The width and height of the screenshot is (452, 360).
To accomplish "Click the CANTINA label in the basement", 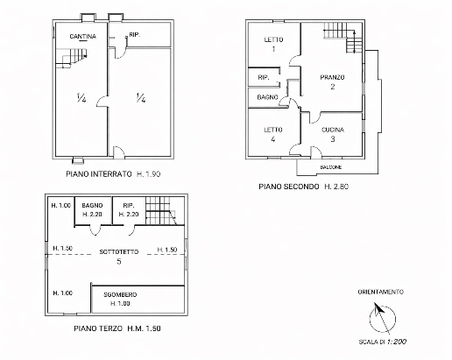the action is tap(83, 37).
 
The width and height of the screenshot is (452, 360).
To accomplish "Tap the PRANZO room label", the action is tap(332, 77).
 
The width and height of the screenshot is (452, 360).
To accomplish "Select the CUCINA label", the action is tap(333, 130).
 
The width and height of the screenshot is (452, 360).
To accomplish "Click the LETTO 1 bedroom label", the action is tap(273, 44).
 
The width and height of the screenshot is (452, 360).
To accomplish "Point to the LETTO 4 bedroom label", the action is tap(273, 134).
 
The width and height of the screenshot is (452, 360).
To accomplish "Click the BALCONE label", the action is tap(331, 167).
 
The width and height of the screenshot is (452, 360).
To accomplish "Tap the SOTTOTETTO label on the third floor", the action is tap(119, 251).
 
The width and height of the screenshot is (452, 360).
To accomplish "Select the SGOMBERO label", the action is tap(120, 294).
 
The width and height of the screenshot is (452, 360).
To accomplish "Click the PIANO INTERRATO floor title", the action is tap(99, 174).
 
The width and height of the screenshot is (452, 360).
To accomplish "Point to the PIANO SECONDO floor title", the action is tap(289, 187).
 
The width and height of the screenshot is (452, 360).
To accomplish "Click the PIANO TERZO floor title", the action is tap(98, 328).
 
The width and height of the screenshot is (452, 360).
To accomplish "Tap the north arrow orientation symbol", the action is tap(382, 319).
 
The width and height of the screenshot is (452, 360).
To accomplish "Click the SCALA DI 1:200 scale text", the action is tap(383, 342).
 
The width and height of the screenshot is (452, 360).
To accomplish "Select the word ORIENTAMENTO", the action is tap(381, 292).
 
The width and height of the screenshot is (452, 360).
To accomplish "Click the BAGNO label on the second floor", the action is tap(267, 97).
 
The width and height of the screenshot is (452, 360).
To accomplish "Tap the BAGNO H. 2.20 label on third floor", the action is tap(92, 209).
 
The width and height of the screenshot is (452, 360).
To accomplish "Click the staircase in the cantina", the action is tap(72, 58).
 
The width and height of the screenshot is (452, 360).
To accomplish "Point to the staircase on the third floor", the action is tap(161, 210).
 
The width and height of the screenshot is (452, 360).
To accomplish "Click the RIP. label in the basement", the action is tap(135, 34).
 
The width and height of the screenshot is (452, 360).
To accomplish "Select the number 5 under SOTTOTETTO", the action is tap(119, 261).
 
